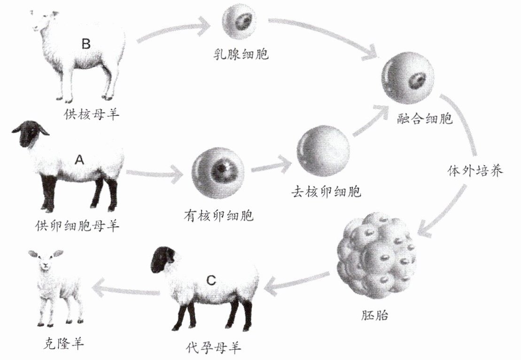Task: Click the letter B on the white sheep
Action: (86, 44)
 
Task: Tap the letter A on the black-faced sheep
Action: (79, 160)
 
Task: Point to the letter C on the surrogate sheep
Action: (211, 280)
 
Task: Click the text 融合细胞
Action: (424, 117)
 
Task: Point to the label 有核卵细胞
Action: (218, 215)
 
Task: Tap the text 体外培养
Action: (474, 170)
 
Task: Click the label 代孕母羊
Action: (214, 348)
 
